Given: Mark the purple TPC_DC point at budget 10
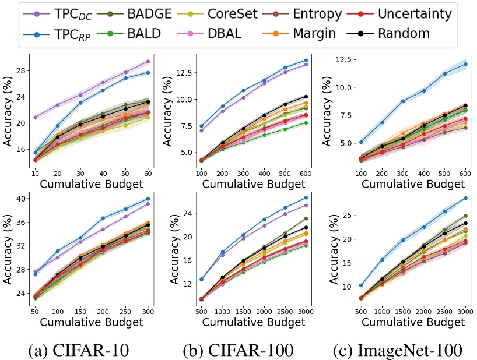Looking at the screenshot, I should point(35,117).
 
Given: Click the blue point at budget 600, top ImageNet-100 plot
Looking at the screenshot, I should point(465,64).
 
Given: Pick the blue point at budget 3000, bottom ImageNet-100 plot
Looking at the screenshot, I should point(465,198).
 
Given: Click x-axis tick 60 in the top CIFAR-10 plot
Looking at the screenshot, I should point(149,174).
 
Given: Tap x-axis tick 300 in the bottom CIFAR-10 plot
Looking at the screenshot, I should point(149,305).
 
